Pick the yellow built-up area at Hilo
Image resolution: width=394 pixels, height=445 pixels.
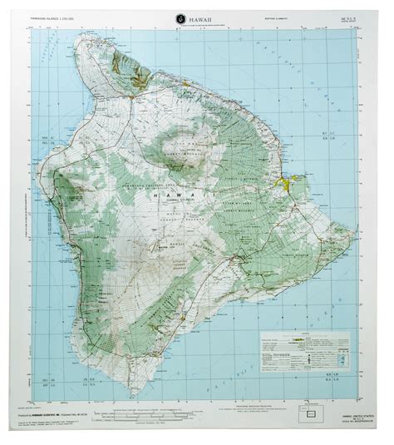point(292,178)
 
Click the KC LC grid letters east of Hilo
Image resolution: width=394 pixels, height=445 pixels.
point(336,178)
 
